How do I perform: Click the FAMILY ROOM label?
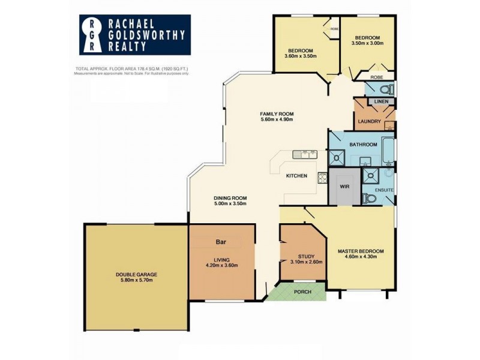tap(277, 114)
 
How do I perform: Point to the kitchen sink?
tap(304, 154)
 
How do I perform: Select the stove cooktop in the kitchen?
tap(322, 177)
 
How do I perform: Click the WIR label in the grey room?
tap(344, 186)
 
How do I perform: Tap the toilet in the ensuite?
tap(370, 198)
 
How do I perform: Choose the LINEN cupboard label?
tap(381, 101)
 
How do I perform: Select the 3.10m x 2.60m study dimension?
tap(303, 262)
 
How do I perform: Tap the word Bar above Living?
tap(221, 242)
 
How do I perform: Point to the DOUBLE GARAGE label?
tap(136, 275)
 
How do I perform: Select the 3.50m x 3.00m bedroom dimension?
tap(365, 44)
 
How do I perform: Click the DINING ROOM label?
tap(230, 198)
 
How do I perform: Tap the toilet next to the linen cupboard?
tap(387, 89)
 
